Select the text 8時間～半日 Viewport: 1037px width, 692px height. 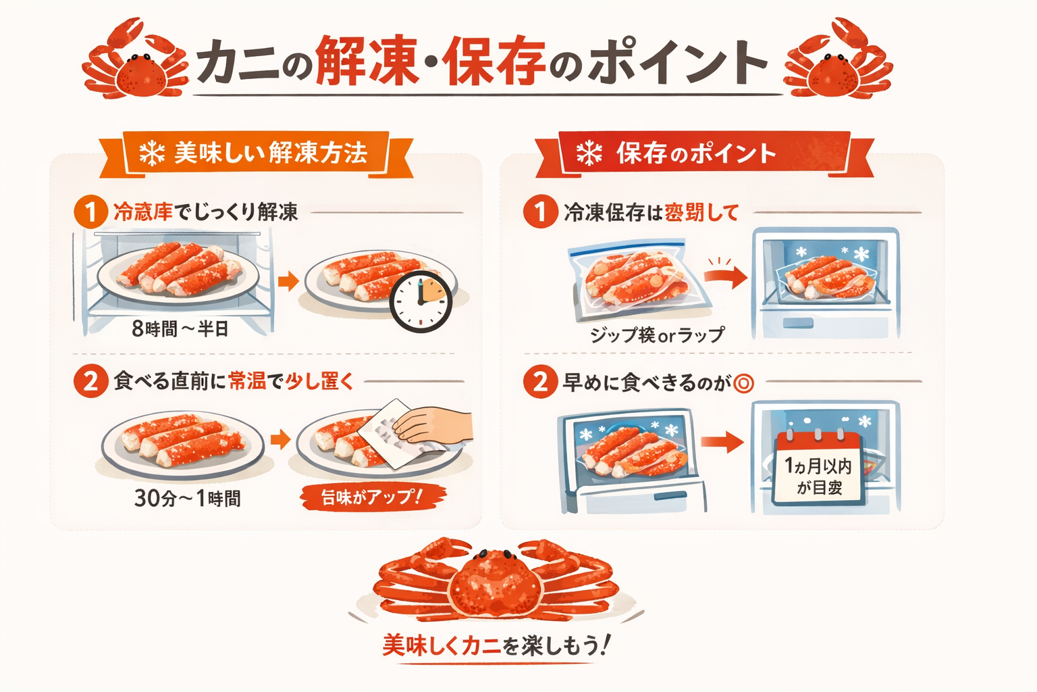pos(180,329)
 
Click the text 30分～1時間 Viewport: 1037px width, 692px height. pos(187,499)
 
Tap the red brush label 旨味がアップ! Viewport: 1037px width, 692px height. pos(372,497)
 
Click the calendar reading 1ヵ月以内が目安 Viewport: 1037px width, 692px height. pos(818,468)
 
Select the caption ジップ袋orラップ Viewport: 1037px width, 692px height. pos(657,335)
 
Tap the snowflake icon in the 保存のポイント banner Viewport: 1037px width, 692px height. pos(589,153)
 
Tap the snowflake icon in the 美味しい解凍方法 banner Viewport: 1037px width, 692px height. pos(152,153)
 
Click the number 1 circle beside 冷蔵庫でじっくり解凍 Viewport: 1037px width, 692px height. pos(90,212)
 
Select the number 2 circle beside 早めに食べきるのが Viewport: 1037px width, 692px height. pos(539,382)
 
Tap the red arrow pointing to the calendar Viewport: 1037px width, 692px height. pos(722,443)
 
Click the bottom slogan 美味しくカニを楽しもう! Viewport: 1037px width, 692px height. pos(497,645)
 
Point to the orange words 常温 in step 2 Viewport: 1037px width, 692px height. pos(247,381)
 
